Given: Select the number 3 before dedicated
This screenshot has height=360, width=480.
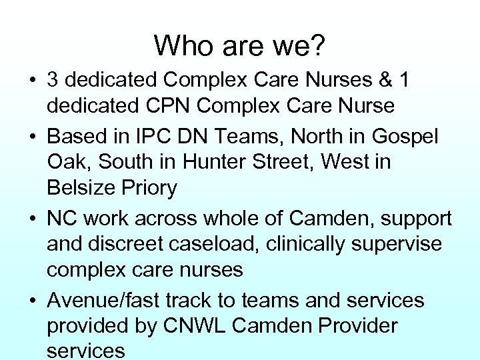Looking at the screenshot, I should (x=54, y=80).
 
